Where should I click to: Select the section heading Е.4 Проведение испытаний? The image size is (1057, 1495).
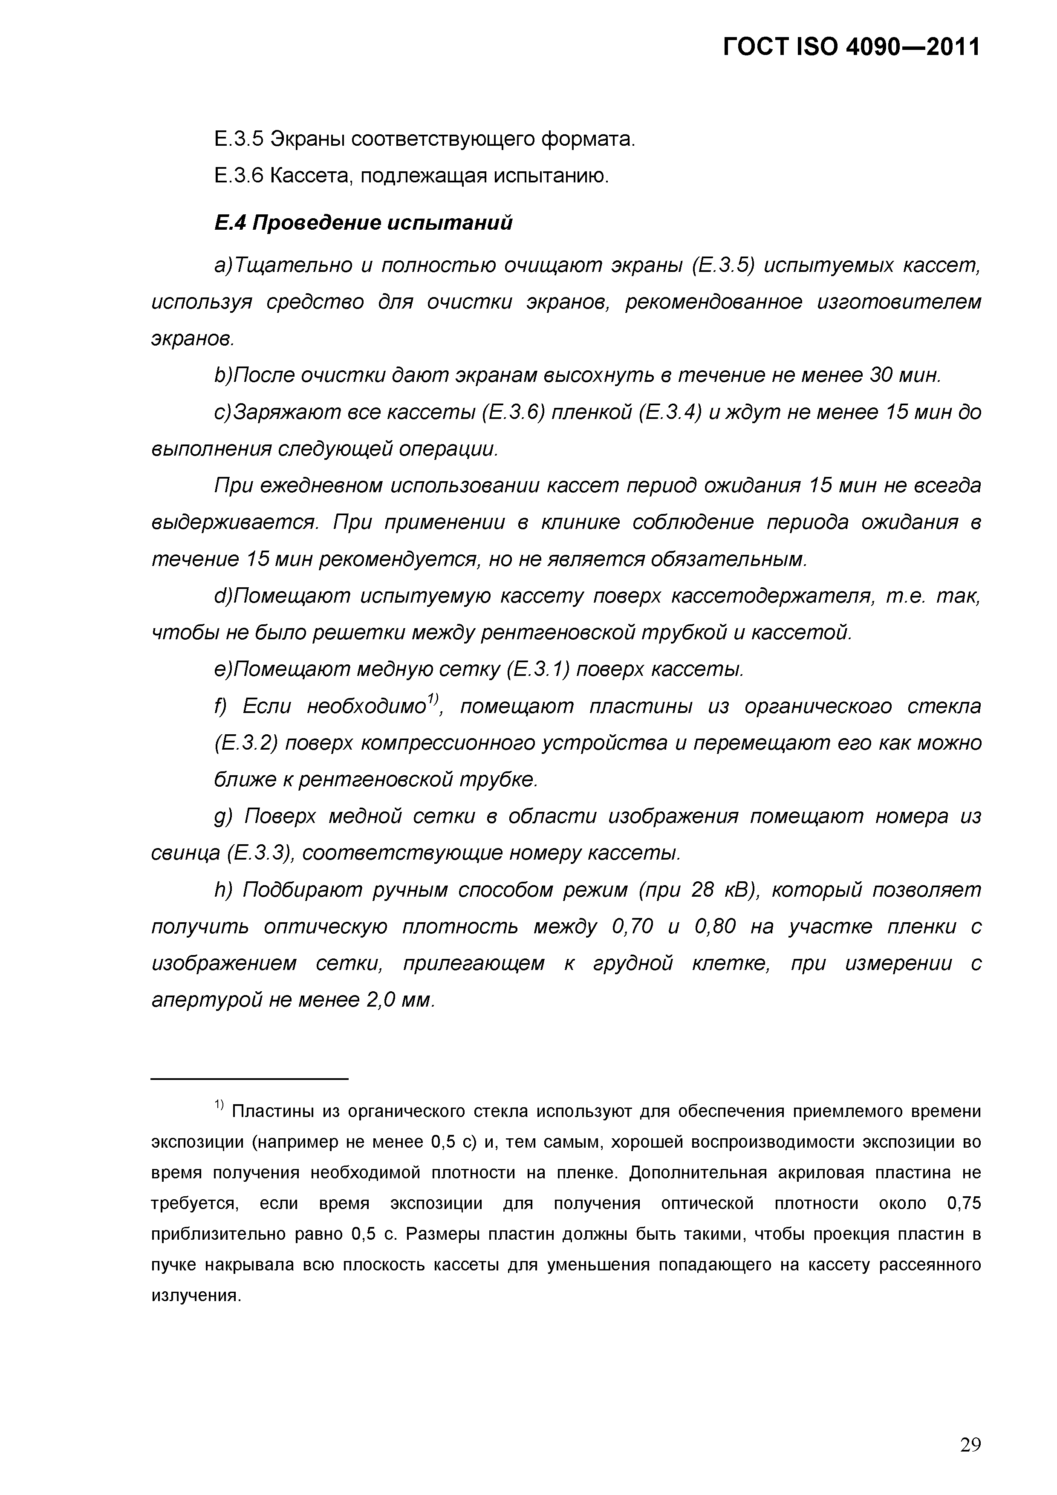[364, 223]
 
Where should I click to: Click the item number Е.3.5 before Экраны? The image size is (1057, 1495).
[238, 139]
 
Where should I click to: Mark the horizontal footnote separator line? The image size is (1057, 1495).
[249, 1079]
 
